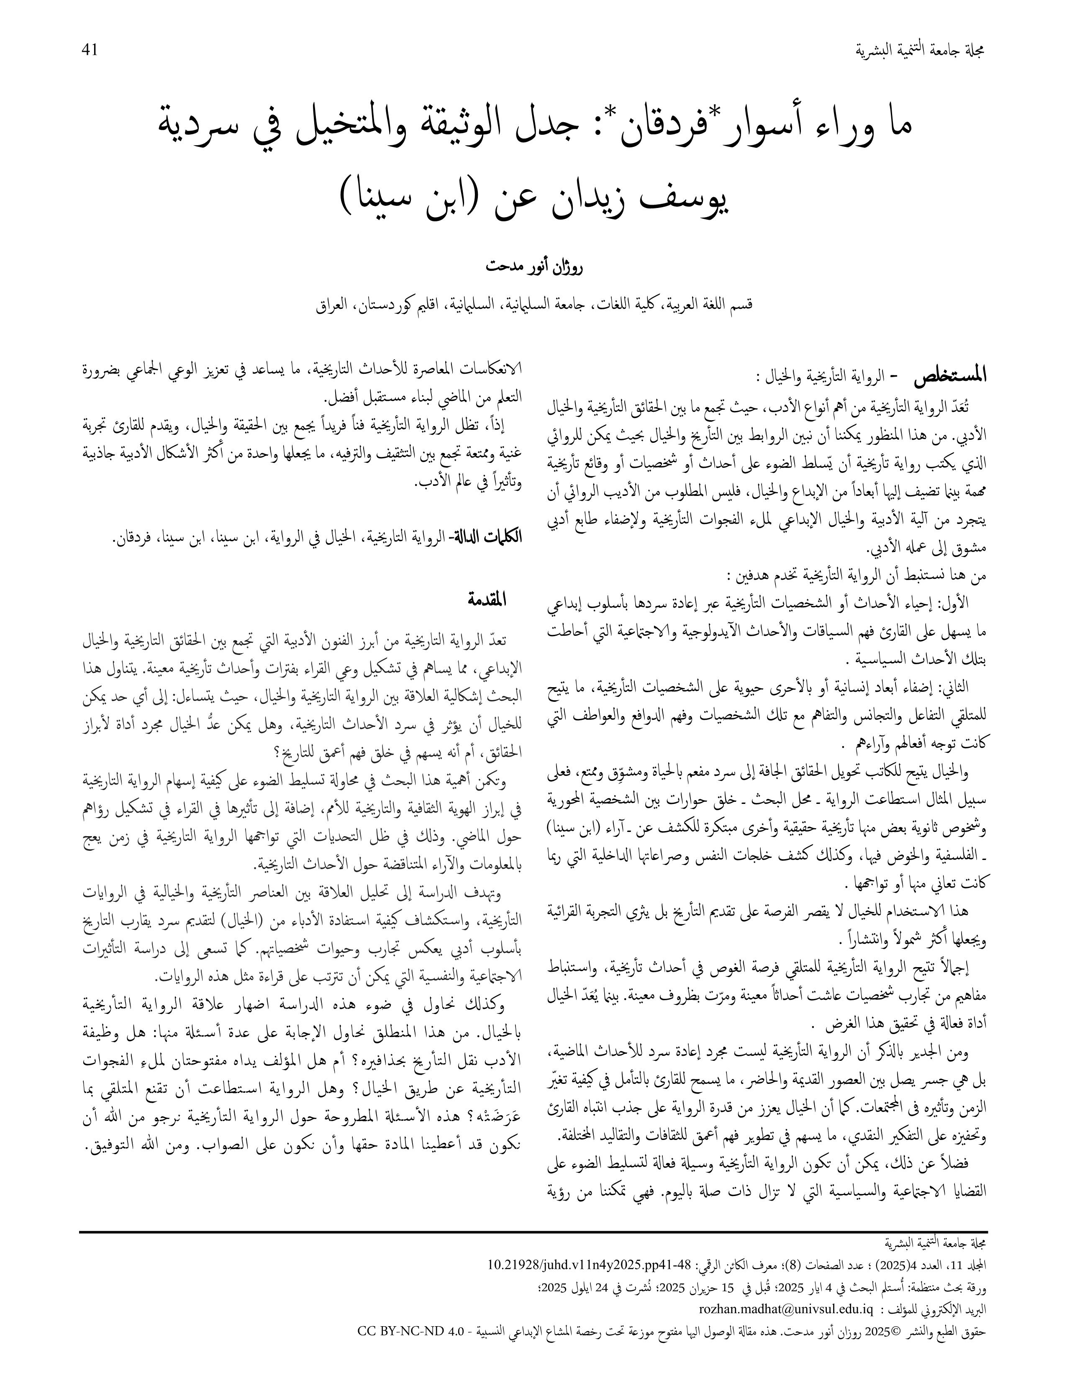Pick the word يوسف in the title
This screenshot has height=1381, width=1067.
pyautogui.click(x=683, y=198)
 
